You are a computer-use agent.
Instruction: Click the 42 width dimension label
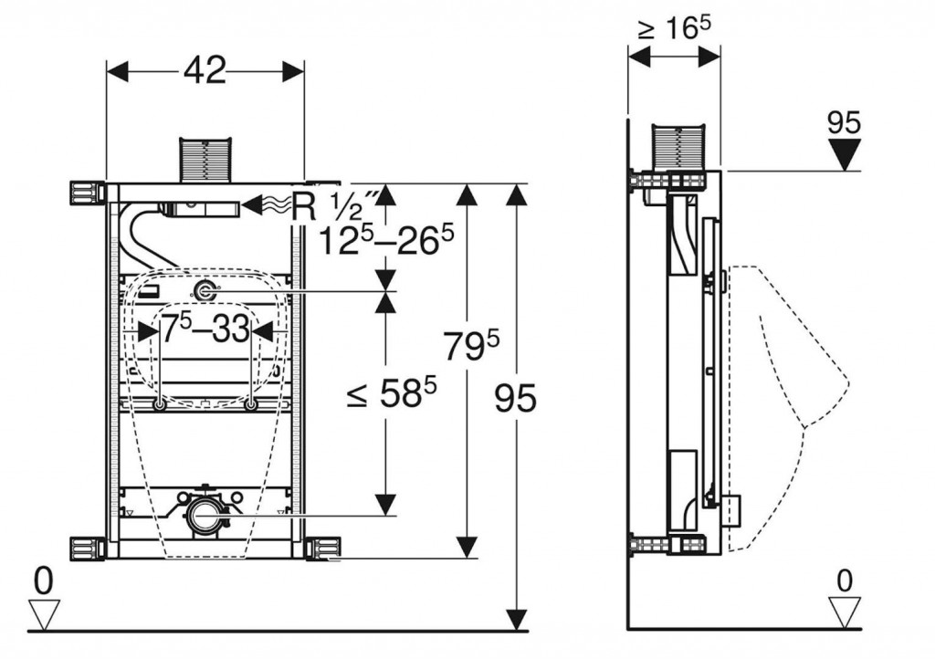[205, 70]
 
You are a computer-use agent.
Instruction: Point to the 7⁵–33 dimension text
[205, 328]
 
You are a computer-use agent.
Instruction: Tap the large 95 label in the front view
[516, 398]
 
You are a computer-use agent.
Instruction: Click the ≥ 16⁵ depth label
[674, 28]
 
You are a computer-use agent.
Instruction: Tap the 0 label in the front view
[41, 578]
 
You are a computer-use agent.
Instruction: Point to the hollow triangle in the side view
[845, 609]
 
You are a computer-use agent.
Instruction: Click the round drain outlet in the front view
[204, 515]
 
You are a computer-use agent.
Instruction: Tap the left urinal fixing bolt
[160, 405]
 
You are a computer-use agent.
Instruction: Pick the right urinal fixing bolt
[249, 405]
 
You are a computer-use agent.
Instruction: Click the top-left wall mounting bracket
[87, 194]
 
